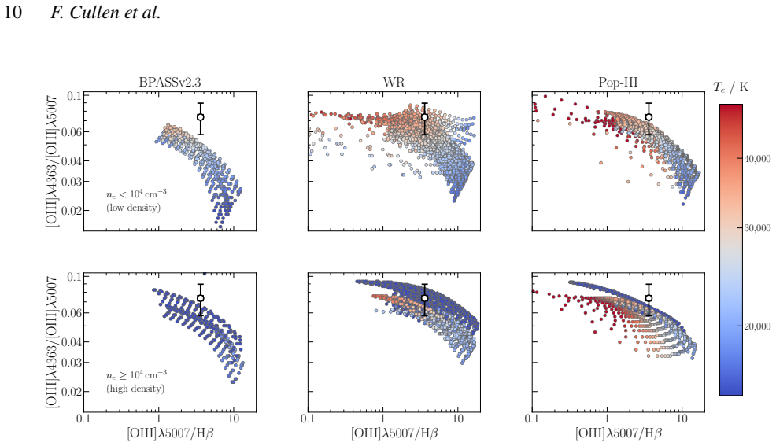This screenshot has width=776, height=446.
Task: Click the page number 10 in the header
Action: tap(13, 13)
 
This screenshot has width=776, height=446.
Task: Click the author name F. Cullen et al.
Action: tap(105, 13)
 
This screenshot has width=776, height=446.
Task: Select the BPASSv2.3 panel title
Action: tap(170, 82)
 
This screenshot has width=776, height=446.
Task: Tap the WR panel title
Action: tap(394, 82)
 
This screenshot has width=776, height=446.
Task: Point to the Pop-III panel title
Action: tap(618, 82)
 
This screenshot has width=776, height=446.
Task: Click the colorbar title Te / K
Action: tap(731, 87)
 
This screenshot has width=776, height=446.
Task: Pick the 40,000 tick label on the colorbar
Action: tap(757, 159)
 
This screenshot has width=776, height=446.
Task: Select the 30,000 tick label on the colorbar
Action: tap(757, 228)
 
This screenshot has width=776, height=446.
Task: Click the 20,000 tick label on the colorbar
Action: tap(757, 326)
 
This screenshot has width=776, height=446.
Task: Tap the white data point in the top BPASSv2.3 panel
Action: tap(201, 117)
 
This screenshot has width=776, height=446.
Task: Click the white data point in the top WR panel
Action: tap(425, 117)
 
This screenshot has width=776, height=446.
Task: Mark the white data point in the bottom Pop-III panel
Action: tap(649, 298)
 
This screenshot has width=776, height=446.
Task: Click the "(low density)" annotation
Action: tap(133, 208)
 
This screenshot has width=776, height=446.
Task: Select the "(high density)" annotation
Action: tap(135, 389)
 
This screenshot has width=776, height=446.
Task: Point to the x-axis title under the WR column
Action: tap(394, 433)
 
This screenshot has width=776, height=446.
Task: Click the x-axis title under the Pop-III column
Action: tap(619, 433)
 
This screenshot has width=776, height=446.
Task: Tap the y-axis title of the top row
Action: tap(52, 162)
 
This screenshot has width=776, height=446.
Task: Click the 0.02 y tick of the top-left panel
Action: tap(72, 211)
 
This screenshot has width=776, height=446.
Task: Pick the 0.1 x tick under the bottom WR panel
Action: tap(308, 418)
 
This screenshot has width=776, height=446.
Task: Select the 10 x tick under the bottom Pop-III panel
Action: tap(682, 418)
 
